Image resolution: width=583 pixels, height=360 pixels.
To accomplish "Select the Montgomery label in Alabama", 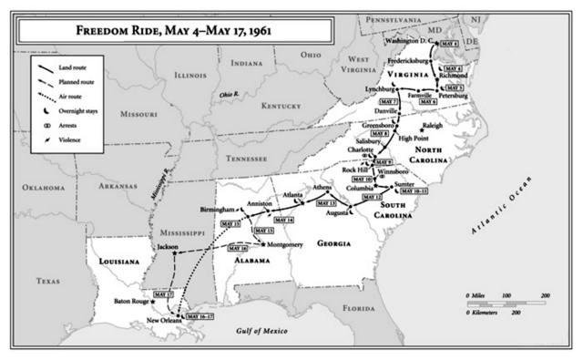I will pyautogui.click(x=290, y=245).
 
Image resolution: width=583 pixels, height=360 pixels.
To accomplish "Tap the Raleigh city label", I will pyautogui.click(x=436, y=124).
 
